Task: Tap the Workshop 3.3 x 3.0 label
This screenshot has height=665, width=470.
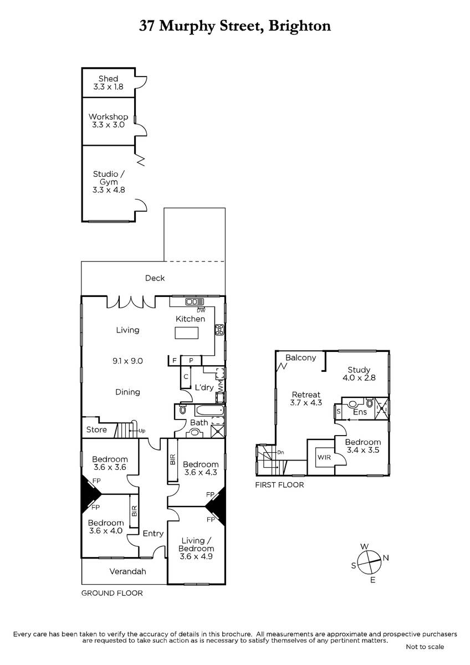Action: (108, 121)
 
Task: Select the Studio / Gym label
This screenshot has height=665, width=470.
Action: (109, 182)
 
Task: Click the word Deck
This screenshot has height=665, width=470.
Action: (155, 278)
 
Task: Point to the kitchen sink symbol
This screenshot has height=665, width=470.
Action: (195, 302)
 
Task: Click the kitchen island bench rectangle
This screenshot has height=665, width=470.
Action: (186, 333)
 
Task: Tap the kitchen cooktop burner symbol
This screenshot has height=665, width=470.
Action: (219, 330)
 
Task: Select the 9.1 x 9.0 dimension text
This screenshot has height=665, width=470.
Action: (127, 361)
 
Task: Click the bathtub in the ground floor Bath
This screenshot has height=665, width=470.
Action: (210, 411)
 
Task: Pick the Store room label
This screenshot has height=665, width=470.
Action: (96, 429)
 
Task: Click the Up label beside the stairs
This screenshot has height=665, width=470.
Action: (142, 431)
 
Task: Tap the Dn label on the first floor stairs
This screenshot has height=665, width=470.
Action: (280, 452)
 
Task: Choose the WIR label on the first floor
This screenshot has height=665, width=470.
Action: (324, 457)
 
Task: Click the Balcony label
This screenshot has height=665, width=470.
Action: (300, 358)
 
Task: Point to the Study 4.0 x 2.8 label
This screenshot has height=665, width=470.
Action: (359, 374)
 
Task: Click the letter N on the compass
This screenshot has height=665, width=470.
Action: (386, 558)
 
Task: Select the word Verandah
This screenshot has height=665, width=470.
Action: (127, 571)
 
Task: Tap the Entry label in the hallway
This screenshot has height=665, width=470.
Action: (153, 534)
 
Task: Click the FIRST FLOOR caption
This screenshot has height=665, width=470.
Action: (279, 485)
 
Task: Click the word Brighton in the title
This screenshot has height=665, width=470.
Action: (300, 27)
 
